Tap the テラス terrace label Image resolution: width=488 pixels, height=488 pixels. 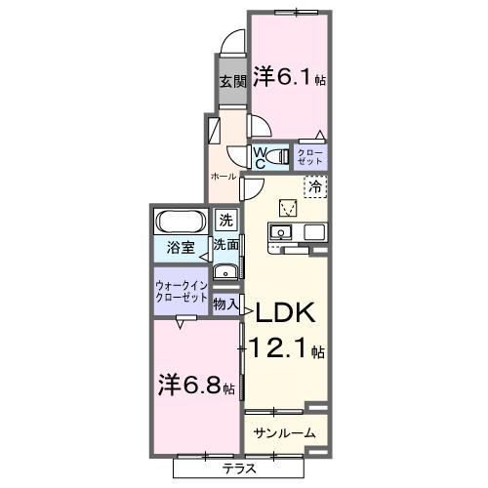tap(237, 468)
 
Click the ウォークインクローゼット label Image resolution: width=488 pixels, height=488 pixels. tap(180, 293)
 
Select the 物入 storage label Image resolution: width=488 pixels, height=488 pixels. tap(226, 305)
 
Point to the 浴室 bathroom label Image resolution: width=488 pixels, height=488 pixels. tap(178, 248)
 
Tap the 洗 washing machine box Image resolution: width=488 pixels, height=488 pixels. tap(226, 221)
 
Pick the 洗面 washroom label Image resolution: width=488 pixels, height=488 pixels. tap(226, 245)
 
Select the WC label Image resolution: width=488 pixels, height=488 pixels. tap(261, 157)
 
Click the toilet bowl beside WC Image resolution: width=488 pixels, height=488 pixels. tap(281, 156)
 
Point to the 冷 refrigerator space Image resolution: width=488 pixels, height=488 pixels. tap(315, 184)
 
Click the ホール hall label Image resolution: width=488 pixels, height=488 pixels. tap(223, 177)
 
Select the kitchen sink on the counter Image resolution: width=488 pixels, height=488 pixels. tap(279, 232)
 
